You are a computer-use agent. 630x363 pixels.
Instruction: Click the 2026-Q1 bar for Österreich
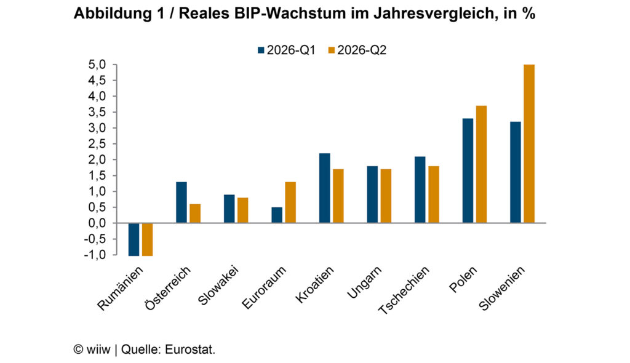tap(181, 202)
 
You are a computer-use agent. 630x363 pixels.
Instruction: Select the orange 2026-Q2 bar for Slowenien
tap(529, 143)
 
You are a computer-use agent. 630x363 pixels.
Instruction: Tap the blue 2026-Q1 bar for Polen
tap(468, 170)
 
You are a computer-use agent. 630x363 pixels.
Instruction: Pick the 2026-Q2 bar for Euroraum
tap(290, 202)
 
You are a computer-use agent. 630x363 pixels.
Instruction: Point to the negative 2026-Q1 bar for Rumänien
tap(134, 239)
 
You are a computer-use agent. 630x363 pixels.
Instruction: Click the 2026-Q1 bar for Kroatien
tap(325, 188)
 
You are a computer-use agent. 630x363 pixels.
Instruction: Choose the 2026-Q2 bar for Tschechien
tap(434, 194)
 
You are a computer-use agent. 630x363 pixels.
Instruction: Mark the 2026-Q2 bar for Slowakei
tap(242, 210)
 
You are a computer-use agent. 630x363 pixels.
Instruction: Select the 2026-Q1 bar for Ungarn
tap(372, 194)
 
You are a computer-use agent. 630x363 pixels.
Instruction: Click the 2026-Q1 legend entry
tap(287, 50)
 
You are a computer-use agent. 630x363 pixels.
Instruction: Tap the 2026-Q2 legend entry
tap(357, 50)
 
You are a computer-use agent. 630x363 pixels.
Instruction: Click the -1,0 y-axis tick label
tap(95, 255)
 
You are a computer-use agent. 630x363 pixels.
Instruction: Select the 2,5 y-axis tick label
tap(97, 144)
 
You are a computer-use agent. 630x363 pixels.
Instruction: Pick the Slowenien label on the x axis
tap(502, 288)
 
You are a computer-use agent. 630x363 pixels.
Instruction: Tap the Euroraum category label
tap(265, 287)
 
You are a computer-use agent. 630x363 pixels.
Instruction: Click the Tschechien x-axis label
tap(404, 290)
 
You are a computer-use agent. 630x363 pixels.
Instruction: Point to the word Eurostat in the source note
tap(190, 349)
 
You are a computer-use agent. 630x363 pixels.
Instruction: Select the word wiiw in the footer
tap(98, 349)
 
